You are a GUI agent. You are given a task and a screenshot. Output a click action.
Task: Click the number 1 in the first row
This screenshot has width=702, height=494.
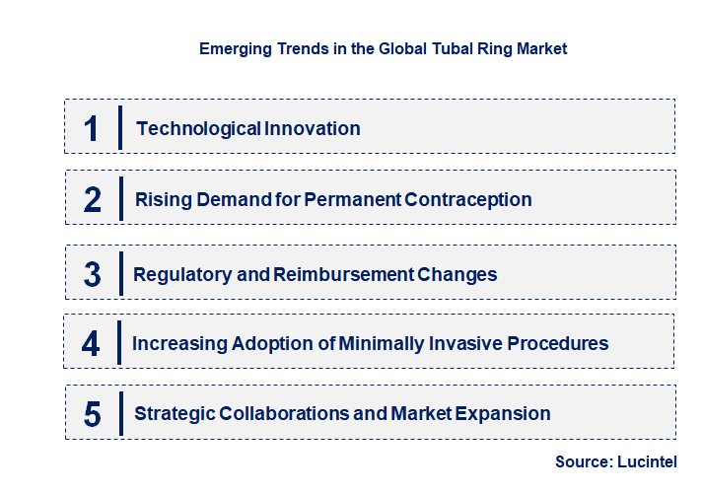point(92,128)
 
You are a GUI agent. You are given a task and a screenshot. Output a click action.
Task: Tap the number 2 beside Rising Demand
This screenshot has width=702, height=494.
point(93,200)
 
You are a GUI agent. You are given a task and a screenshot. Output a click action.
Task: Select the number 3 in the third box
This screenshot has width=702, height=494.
point(93,274)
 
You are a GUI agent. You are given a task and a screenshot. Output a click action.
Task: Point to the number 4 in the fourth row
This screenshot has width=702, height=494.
point(92,344)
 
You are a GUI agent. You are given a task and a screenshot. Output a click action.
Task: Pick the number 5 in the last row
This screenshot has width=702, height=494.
point(93,414)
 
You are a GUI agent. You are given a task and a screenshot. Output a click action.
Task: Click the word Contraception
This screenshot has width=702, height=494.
point(468,199)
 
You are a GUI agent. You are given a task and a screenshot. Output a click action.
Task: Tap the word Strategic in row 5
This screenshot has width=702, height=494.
point(174,413)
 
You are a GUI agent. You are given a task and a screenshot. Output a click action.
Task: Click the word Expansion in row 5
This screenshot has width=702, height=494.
point(504,413)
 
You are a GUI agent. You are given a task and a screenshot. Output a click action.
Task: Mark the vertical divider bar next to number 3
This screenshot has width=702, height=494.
point(119,273)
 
